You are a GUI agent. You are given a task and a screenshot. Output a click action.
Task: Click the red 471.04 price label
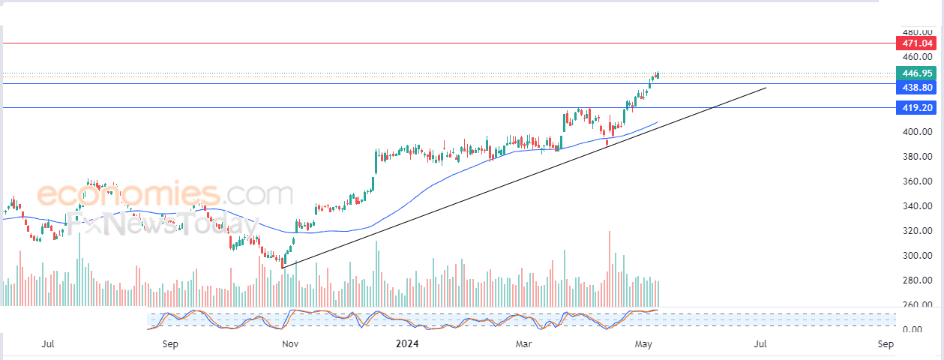tap(916, 43)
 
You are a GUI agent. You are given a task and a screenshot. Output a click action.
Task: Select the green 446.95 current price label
tap(916, 73)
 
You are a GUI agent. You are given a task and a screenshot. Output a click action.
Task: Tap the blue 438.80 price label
tap(916, 88)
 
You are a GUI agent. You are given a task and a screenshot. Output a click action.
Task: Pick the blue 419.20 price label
tap(916, 108)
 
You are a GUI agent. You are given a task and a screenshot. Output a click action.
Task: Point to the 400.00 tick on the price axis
tap(918, 132)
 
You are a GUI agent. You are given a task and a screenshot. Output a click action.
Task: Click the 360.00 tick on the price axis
tap(918, 181)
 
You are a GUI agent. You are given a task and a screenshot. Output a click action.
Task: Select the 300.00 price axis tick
tap(918, 256)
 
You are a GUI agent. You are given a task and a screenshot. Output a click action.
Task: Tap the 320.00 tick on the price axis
tap(918, 230)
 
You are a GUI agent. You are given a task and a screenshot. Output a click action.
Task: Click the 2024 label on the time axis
tap(407, 343)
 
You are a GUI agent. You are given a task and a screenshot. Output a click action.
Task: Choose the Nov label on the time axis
tap(290, 344)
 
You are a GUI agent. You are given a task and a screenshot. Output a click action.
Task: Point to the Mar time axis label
tap(523, 344)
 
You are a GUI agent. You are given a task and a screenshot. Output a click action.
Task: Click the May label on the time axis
tap(643, 344)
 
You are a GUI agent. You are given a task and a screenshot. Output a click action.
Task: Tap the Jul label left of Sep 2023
tap(48, 344)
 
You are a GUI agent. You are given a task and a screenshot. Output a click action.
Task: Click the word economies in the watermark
tap(128, 194)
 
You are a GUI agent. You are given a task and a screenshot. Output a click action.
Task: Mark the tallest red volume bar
tap(610, 268)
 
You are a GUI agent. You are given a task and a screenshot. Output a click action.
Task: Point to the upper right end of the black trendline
tap(766, 88)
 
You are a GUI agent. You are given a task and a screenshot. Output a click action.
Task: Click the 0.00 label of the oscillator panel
tap(913, 329)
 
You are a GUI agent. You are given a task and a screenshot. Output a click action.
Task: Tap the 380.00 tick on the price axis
tap(918, 157)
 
